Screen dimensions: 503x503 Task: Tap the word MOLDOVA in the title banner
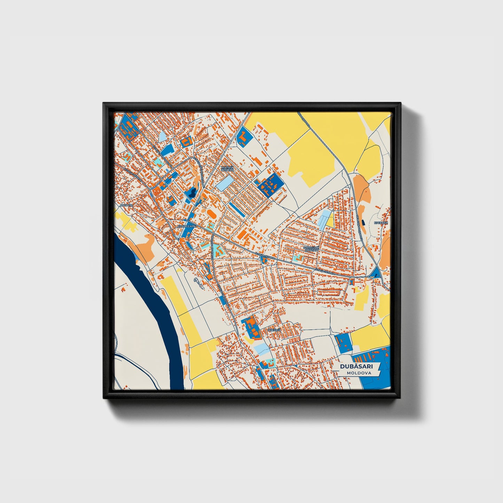[x=359, y=373]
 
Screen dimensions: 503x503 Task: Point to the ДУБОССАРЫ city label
[x=187, y=226]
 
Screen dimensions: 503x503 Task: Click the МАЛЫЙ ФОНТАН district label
[x=227, y=168]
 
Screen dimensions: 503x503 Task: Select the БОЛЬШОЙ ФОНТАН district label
[x=311, y=249]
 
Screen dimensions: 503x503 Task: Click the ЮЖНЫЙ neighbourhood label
[x=274, y=330]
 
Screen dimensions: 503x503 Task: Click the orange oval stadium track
[x=211, y=212]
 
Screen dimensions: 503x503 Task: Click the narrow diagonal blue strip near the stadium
[x=236, y=208]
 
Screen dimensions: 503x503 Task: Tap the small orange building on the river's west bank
[x=123, y=289]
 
